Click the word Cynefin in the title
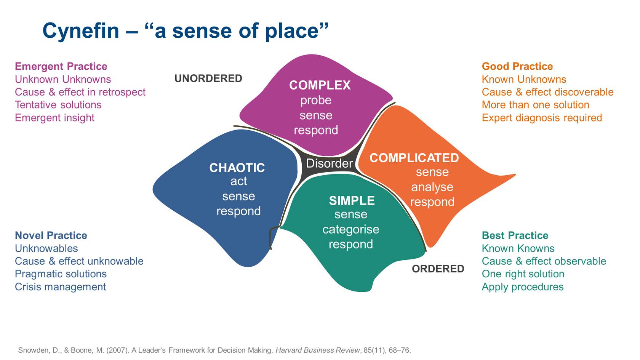tap(81, 31)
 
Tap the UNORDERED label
tap(208, 78)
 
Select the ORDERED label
tap(438, 269)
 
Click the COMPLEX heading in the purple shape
tap(320, 85)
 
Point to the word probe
tap(316, 101)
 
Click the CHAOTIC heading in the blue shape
tap(237, 168)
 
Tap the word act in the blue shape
tap(238, 181)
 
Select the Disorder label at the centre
tap(330, 163)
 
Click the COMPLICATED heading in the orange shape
tap(414, 158)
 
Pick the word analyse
tap(432, 187)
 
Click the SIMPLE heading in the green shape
tap(352, 201)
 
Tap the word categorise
tap(351, 229)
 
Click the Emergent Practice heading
tap(61, 66)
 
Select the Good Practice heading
tap(517, 66)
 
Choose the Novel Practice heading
tap(51, 235)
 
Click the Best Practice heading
tap(515, 235)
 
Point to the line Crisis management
tap(60, 287)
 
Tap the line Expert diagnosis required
tap(542, 118)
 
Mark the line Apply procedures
tap(522, 287)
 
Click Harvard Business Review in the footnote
tap(317, 350)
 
